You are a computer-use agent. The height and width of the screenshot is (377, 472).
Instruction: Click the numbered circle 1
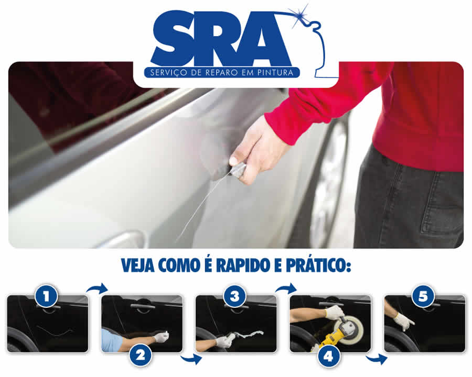click(x=46, y=296)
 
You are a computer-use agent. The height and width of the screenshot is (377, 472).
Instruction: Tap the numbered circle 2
click(x=141, y=356)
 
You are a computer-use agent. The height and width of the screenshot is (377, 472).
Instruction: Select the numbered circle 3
click(x=235, y=296)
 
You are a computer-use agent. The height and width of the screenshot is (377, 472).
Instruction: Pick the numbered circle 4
click(x=329, y=356)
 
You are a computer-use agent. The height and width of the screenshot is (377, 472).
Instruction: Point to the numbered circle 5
click(x=423, y=296)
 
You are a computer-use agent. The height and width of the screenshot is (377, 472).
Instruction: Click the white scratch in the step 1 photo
click(x=55, y=330)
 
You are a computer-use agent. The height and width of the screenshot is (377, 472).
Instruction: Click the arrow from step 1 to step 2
click(x=97, y=289)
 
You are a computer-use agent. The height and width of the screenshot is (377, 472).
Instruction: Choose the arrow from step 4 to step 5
click(x=376, y=359)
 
